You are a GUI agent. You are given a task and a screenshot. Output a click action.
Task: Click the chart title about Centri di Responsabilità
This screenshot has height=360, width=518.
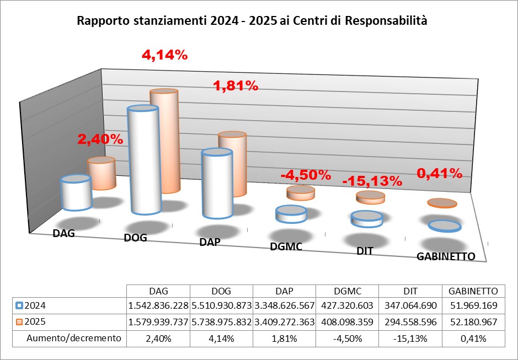coord(252,22)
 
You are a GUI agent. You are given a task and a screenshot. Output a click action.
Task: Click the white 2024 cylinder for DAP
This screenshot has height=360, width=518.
coord(216,185)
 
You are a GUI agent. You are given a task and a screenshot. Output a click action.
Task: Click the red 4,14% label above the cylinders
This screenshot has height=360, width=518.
coord(164,55)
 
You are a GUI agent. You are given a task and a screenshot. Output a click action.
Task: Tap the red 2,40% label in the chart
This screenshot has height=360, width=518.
coord(100,139)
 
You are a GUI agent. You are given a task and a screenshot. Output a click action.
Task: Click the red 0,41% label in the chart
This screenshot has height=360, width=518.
coord(439,173)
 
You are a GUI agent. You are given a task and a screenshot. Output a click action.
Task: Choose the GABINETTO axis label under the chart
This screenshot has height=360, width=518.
coord(446,256)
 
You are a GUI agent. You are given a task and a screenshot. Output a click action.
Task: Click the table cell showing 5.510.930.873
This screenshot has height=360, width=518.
coord(221,305)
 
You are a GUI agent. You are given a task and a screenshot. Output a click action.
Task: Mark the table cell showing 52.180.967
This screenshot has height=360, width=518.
coord(473,320)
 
